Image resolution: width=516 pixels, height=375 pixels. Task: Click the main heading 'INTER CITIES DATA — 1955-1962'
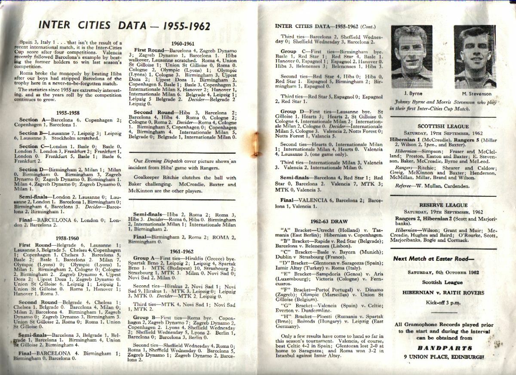click(x=124, y=26)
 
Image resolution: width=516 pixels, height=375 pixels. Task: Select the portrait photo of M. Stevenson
click(x=474, y=56)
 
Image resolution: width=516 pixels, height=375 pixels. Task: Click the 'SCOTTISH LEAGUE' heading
click(x=443, y=126)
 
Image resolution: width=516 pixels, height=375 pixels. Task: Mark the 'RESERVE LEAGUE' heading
click(x=443, y=205)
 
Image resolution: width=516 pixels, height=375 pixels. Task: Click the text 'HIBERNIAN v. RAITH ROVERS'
click(x=443, y=293)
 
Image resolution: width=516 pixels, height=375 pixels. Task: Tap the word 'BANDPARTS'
click(x=443, y=348)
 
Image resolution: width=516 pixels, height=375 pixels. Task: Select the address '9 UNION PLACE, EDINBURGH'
click(x=443, y=357)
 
